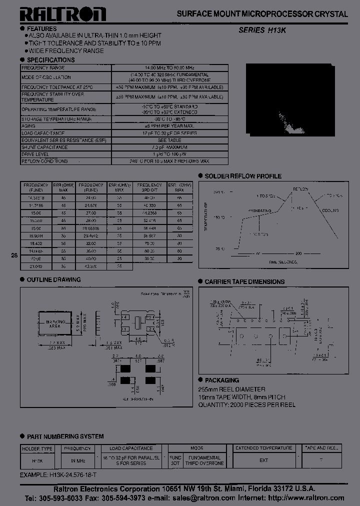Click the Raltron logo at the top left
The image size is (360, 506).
pyautogui.click(x=63, y=14)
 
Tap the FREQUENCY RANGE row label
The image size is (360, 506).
pyautogui.click(x=43, y=67)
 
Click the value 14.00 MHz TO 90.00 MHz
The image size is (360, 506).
pyautogui.click(x=170, y=67)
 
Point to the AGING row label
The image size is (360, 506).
pyautogui.click(x=28, y=126)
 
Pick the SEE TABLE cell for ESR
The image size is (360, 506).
pyautogui.click(x=170, y=140)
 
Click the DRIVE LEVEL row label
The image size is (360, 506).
pyautogui.click(x=34, y=154)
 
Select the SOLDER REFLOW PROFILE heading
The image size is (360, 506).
pyautogui.click(x=243, y=176)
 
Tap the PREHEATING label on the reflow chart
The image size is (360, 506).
pyautogui.click(x=259, y=210)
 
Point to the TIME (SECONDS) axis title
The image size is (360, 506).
pyautogui.click(x=283, y=261)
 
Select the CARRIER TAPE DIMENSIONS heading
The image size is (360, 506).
pyautogui.click(x=244, y=281)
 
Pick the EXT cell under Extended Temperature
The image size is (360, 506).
pyautogui.click(x=264, y=460)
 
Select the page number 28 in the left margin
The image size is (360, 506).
pyautogui.click(x=14, y=255)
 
